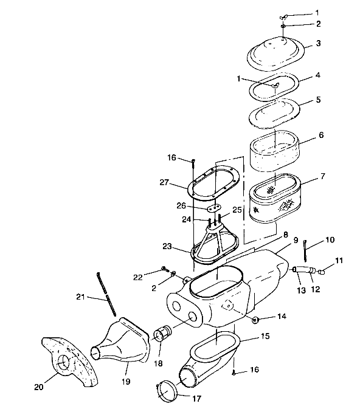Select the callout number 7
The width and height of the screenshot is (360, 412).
pos(323,176)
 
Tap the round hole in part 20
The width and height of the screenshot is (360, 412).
pos(64,363)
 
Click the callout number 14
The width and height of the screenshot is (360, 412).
pos(282,316)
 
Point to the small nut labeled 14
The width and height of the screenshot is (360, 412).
pos(255,319)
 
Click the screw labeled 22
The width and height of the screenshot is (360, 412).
pos(165,269)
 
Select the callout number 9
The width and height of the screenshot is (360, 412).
pos(296,239)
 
